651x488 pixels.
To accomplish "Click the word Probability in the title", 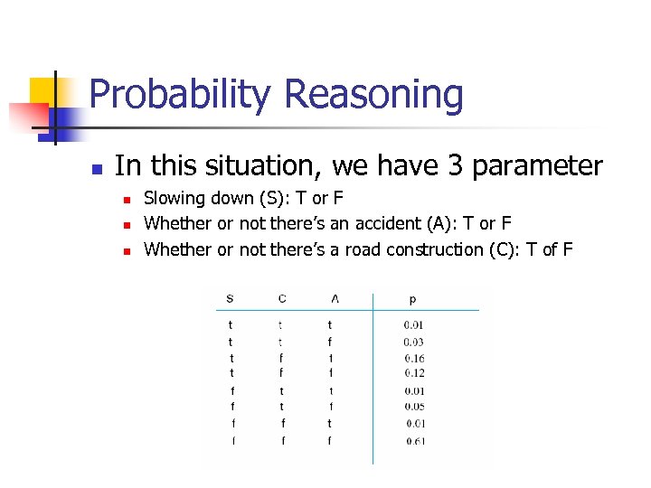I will [180, 95].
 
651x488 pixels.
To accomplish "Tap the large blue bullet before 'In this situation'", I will [97, 168].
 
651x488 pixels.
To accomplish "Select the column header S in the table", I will [230, 298].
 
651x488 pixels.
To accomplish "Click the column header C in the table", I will [282, 298].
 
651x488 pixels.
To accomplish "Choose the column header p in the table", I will [413, 298].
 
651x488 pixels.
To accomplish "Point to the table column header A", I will [335, 298].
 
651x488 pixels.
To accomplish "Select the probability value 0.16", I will [414, 358].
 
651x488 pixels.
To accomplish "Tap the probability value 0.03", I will [414, 342].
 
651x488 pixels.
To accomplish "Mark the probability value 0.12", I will [414, 373].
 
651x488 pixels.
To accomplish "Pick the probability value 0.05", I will [414, 407].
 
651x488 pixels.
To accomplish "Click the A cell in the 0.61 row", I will [329, 441].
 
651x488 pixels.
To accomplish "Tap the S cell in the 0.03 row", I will [230, 342].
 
